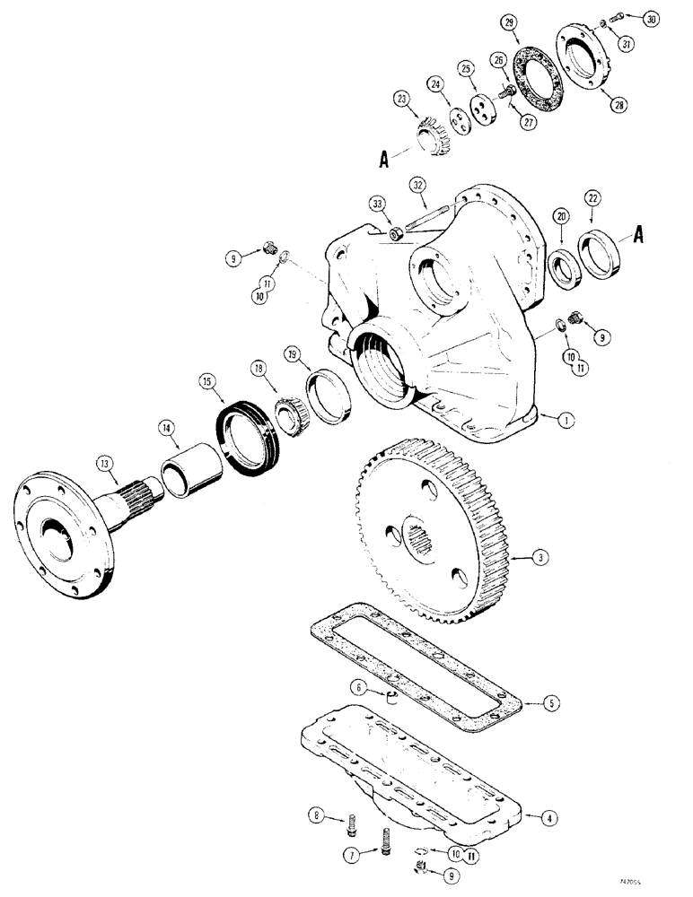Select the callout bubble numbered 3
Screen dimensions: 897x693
[539, 558]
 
